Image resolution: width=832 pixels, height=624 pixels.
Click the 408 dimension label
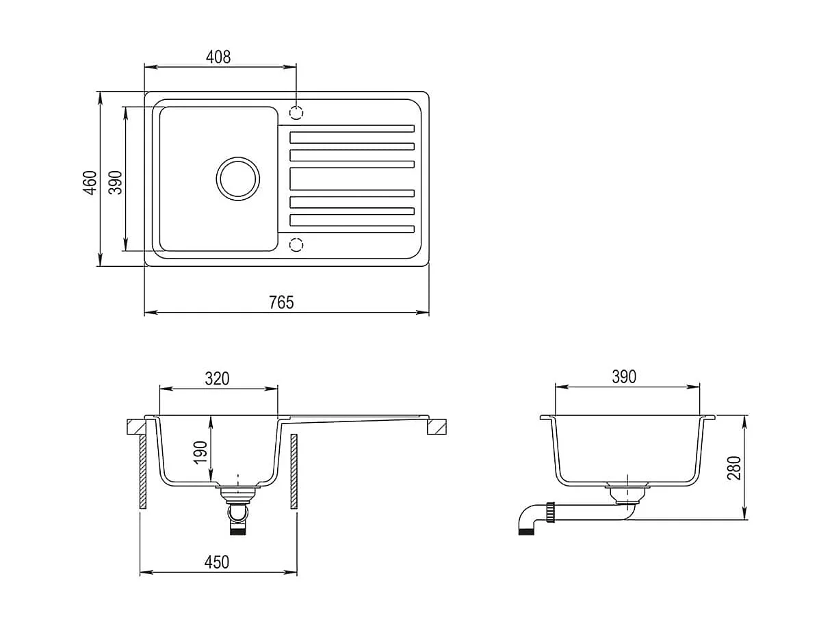coord(218,57)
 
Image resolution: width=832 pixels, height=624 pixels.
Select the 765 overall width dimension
coord(281,302)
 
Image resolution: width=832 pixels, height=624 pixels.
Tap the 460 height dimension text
coord(90,183)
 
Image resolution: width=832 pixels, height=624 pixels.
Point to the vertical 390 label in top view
coord(116,183)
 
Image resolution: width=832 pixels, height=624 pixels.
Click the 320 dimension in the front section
coord(217,378)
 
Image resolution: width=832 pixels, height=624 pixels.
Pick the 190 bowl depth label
coord(200,453)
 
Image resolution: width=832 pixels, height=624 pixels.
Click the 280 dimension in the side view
coord(734,467)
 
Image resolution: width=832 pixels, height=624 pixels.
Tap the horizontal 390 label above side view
coord(623,376)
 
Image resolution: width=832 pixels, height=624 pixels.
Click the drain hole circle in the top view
coord(237,179)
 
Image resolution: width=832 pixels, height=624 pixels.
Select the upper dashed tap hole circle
coord(296,112)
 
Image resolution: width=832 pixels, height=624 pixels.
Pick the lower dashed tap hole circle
coord(296,244)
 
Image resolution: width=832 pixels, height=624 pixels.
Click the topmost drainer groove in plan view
coord(352,128)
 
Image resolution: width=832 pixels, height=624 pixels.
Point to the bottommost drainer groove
coord(352,229)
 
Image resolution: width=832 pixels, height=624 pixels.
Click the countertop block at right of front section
coord(438,427)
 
